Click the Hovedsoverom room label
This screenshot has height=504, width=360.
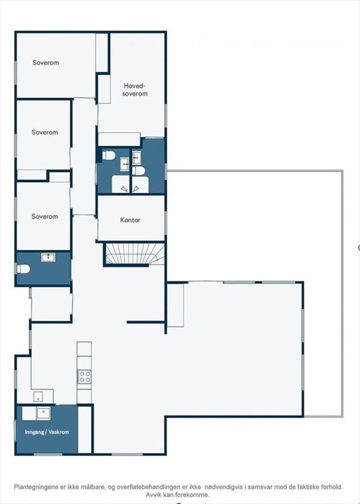coord(135,90)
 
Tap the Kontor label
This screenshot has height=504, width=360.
coord(130,220)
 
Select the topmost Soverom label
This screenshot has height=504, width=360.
coord(46,63)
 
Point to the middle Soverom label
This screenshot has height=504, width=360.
coord(45,132)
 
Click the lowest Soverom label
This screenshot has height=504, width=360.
coord(45,217)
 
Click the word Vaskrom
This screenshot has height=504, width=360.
coord(58,432)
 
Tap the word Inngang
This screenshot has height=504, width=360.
coord(34,432)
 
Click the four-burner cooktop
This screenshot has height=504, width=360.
coord(85,377)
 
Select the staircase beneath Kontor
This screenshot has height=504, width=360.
coord(134,254)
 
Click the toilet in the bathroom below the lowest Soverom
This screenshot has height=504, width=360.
coord(23,269)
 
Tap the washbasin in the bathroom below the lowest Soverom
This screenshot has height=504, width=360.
coord(48,257)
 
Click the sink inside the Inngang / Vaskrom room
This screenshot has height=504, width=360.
coord(43,413)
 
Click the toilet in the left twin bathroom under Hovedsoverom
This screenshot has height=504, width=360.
coord(109,156)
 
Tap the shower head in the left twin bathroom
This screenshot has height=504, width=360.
coord(124,189)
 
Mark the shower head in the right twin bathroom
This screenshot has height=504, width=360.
coord(136,189)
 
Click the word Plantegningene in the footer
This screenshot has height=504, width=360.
coord(36,487)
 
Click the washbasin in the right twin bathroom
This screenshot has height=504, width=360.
coord(137,158)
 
